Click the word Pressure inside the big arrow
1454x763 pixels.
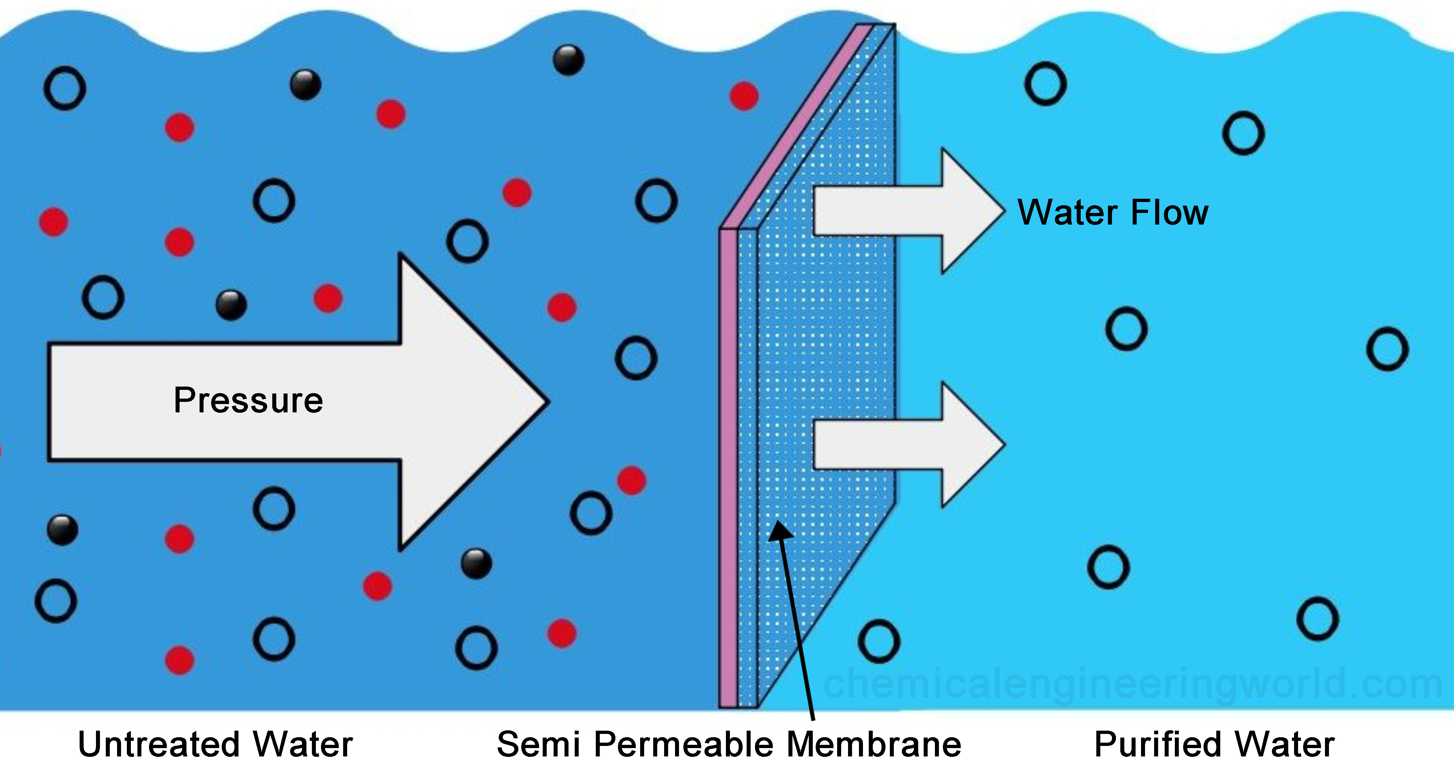[248, 401]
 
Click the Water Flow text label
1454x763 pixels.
[1112, 213]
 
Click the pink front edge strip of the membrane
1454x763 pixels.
[728, 468]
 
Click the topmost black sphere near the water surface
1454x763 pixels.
[569, 60]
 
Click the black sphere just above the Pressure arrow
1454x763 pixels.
[232, 305]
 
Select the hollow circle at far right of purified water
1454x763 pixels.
[1387, 349]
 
